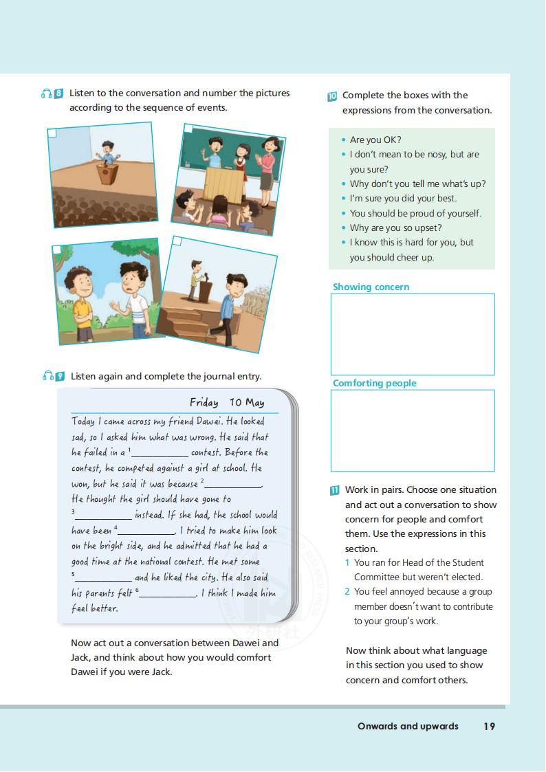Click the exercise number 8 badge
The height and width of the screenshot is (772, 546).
point(58,93)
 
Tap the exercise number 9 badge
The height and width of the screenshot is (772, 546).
point(60,376)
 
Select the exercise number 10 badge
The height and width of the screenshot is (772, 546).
point(332,96)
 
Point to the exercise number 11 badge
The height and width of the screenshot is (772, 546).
point(335,490)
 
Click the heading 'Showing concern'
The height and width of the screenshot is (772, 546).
point(371,287)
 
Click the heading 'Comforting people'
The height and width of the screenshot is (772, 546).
point(374,383)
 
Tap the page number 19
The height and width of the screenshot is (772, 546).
point(488,726)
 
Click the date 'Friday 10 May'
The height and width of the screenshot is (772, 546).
point(227,402)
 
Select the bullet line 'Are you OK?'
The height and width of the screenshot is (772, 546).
point(375,140)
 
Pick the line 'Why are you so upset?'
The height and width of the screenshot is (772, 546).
point(395,228)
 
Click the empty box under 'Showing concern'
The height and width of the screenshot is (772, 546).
point(413,334)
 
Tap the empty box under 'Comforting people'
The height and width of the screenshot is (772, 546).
point(413,430)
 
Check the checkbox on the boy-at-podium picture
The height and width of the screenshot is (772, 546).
point(52,133)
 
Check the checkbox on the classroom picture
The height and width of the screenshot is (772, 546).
point(187,129)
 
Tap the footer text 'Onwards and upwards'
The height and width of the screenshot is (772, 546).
point(408,726)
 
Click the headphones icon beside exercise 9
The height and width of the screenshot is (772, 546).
point(47,376)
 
